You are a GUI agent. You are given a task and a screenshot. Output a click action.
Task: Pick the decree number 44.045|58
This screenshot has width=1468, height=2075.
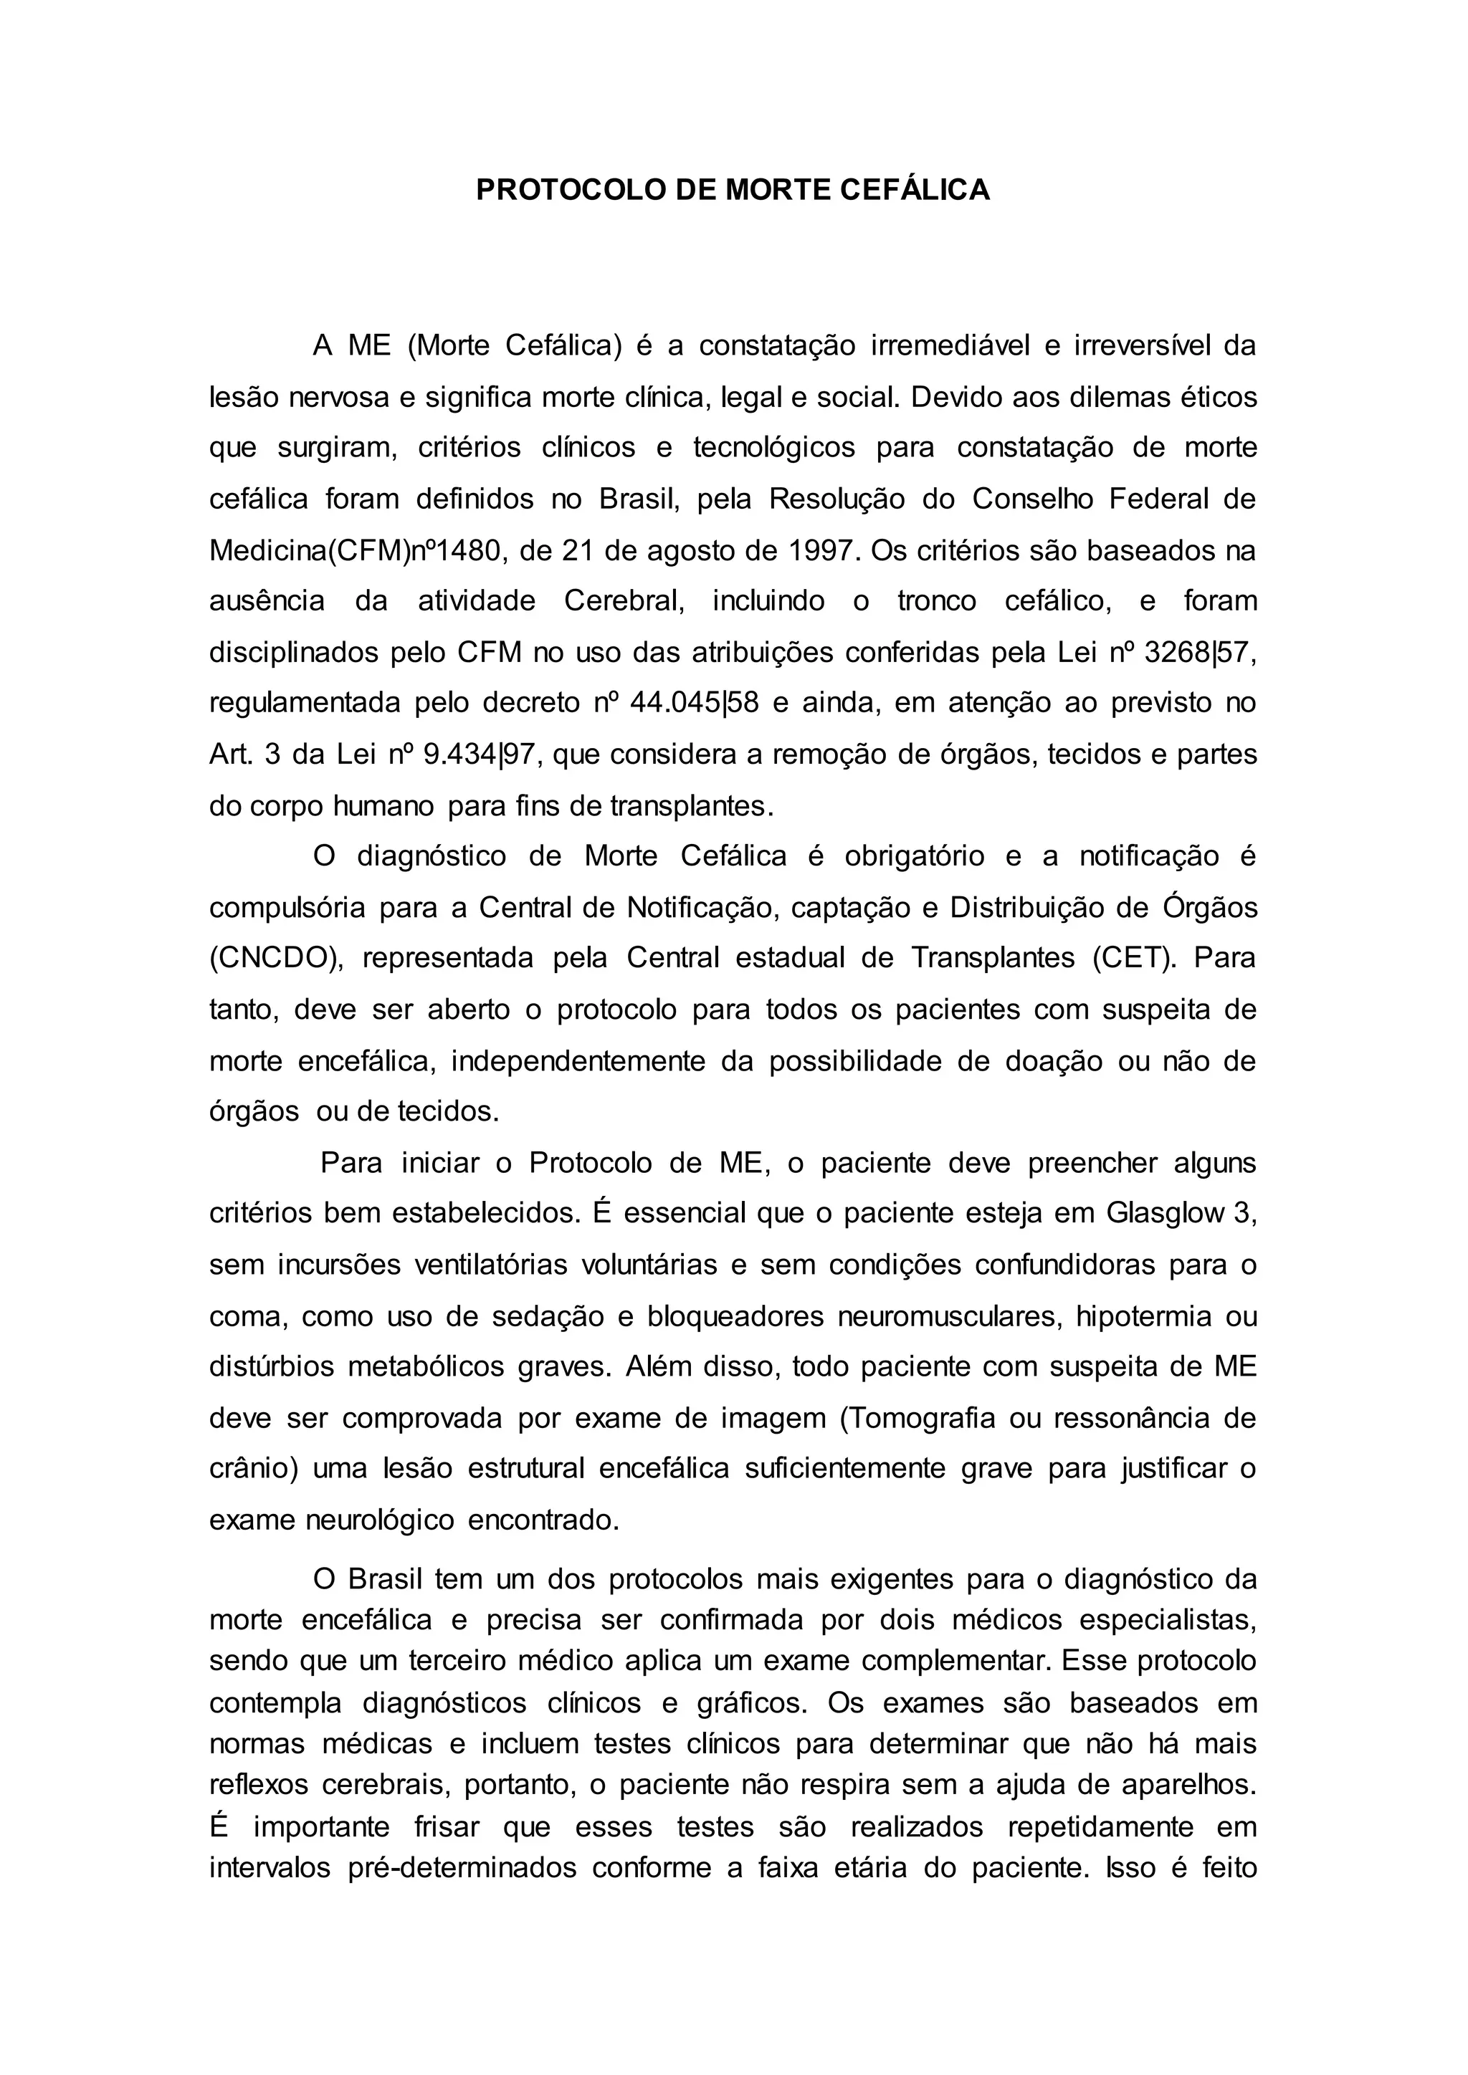click(x=692, y=703)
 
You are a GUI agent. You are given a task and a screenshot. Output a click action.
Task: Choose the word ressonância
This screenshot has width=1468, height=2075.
click(x=1129, y=1419)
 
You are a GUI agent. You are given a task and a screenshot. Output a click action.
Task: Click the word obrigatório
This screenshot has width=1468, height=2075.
click(x=914, y=856)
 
